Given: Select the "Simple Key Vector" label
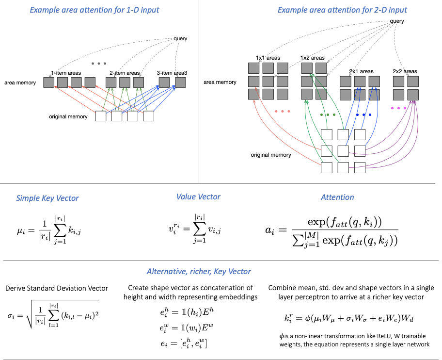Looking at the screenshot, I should (47, 198).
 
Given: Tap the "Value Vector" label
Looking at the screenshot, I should (198, 196).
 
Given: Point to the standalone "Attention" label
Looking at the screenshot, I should (337, 197).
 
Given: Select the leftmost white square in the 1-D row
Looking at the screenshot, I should (101, 116).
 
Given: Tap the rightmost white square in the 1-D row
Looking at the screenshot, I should (149, 116).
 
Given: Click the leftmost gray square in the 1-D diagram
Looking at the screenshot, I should (48, 82).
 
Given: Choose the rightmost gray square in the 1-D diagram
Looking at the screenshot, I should (180, 82).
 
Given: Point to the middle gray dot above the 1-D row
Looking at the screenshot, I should (99, 64).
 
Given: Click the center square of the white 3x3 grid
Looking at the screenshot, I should (343, 151).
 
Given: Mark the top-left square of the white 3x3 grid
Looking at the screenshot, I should (327, 134).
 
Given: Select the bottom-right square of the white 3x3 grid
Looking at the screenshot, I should (360, 167).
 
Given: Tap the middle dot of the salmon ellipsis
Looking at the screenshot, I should (283, 111).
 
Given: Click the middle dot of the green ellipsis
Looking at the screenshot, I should (328, 115).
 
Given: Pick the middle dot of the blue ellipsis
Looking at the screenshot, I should (364, 115).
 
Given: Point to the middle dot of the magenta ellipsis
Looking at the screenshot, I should (398, 108).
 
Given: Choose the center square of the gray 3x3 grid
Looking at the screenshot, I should (268, 81).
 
